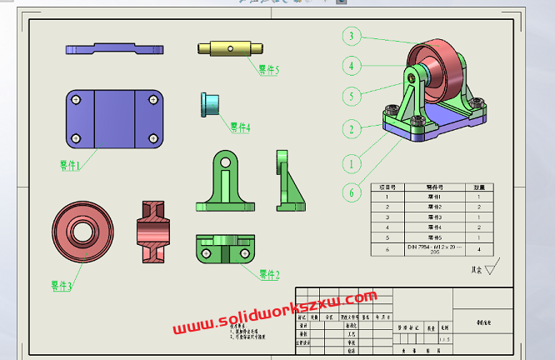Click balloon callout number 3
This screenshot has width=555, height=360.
coord(352,36)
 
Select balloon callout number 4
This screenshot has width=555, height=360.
coord(352,66)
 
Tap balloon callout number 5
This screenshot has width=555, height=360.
coord(352,97)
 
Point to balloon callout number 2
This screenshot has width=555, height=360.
coord(352,129)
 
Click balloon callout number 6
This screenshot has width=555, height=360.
coord(352,192)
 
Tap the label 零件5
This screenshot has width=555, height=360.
coord(268,71)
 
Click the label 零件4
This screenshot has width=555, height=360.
coord(240,127)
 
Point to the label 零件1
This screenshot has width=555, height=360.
coord(70,166)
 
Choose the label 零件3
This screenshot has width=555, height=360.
coord(61,286)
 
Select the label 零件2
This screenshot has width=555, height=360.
coord(268,274)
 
